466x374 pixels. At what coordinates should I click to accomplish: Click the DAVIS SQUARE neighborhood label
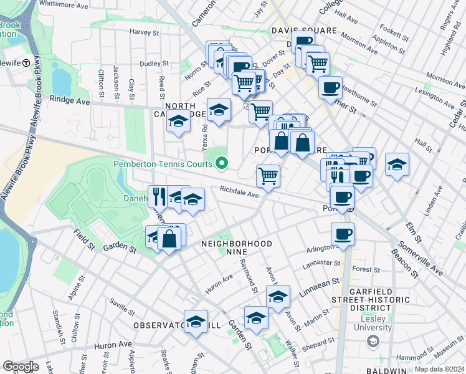pyautogui.click(x=303, y=30)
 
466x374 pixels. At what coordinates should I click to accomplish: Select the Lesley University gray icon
pyautogui.click(x=373, y=341)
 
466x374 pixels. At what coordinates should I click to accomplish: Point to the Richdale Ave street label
pyautogui.click(x=239, y=194)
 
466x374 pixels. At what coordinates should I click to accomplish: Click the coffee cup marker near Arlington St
pyautogui.click(x=343, y=234)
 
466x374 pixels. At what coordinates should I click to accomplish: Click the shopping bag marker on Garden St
pyautogui.click(x=169, y=237)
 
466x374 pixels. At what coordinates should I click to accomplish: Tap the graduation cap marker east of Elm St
pyautogui.click(x=397, y=165)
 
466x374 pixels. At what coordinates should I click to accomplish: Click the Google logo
pyautogui.click(x=21, y=367)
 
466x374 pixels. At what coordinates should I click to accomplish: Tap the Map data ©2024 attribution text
pyautogui.click(x=439, y=369)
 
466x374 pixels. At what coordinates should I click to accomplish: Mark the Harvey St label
pyautogui.click(x=145, y=32)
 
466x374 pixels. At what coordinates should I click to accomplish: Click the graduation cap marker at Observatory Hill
pyautogui.click(x=196, y=322)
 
